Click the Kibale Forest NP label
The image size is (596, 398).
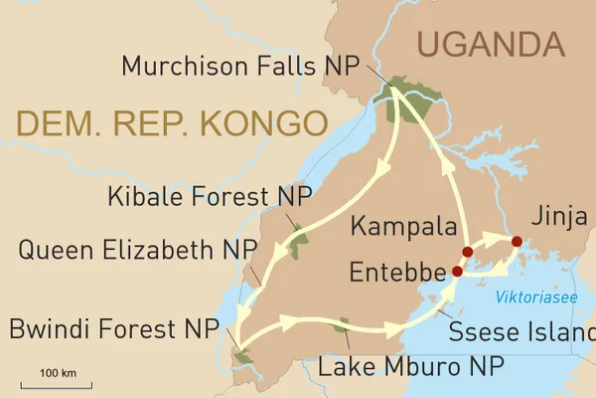207,195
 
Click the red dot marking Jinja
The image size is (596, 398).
516,241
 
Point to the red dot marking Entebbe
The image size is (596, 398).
457,271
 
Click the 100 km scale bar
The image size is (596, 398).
56,381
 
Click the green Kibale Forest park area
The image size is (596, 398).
299,238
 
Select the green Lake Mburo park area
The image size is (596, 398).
341,324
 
